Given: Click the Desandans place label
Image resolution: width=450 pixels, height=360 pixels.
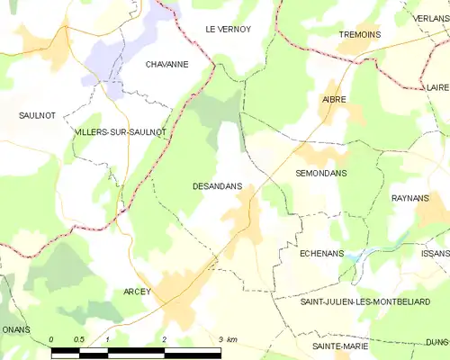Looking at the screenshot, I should tap(217, 186).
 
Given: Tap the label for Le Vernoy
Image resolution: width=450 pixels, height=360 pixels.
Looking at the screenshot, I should tap(228, 30).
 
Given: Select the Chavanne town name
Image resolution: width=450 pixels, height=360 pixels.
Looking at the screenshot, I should tap(167, 65).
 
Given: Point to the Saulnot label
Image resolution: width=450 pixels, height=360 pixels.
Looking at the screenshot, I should tap(38, 116).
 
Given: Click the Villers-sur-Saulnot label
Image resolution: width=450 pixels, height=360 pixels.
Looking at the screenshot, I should tap(121, 132).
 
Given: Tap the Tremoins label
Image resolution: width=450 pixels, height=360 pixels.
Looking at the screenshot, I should tap(359, 34).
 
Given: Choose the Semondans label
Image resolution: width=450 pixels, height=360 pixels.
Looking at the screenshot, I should tap(321, 172).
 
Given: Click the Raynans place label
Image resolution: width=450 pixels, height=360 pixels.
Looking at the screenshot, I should tap(410, 197).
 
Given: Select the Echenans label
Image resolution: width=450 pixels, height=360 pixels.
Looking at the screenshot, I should tap(321, 255).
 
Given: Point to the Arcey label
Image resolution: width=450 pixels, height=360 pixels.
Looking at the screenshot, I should tap(138, 292).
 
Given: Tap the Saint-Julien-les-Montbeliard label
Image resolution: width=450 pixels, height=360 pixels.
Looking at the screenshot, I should tap(374, 301).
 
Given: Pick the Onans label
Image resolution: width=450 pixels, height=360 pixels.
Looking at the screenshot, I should tap(14, 329).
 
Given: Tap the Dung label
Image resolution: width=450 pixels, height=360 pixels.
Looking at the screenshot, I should tap(437, 342).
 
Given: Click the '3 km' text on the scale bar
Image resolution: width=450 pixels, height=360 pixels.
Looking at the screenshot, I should tap(227, 339).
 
